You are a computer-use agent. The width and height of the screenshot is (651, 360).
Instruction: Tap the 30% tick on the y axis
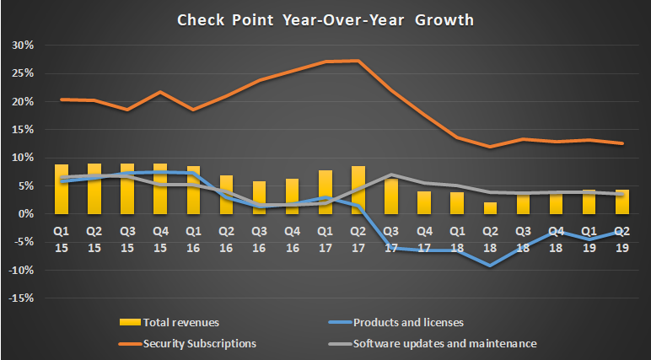[24, 45]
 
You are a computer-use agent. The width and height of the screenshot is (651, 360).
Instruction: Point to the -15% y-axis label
[22, 298]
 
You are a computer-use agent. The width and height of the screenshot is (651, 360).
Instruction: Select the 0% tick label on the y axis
[26, 213]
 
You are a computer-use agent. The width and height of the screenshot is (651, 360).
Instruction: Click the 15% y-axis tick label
[24, 129]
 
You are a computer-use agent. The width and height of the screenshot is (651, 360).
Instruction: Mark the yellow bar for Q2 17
[358, 190]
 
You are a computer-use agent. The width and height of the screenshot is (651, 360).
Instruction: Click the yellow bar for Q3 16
[260, 197]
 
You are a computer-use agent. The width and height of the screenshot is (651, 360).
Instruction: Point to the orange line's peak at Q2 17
[358, 61]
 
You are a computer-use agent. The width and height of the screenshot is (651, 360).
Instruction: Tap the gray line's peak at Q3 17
[391, 175]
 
